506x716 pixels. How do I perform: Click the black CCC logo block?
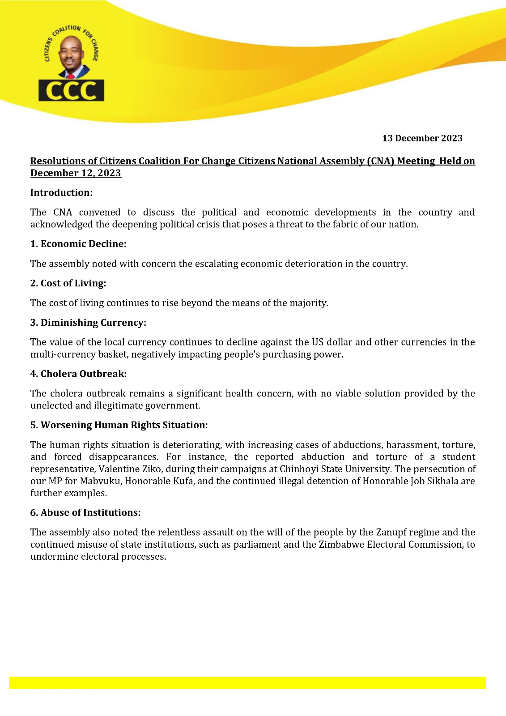pyautogui.click(x=72, y=90)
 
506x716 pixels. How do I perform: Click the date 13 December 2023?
pyautogui.click(x=422, y=138)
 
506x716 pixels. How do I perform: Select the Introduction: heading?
pyautogui.click(x=61, y=193)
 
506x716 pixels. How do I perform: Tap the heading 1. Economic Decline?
pyautogui.click(x=79, y=244)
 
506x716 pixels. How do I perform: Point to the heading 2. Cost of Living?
pyautogui.click(x=68, y=283)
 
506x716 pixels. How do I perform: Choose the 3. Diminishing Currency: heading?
pyautogui.click(x=88, y=323)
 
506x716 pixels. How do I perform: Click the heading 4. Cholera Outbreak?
pyautogui.click(x=78, y=374)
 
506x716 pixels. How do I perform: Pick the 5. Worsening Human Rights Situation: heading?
pyautogui.click(x=119, y=425)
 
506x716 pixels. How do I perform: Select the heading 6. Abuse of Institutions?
pyautogui.click(x=85, y=513)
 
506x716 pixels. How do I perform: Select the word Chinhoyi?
pyautogui.click(x=299, y=469)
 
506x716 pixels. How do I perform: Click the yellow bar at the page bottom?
pyautogui.click(x=247, y=682)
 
